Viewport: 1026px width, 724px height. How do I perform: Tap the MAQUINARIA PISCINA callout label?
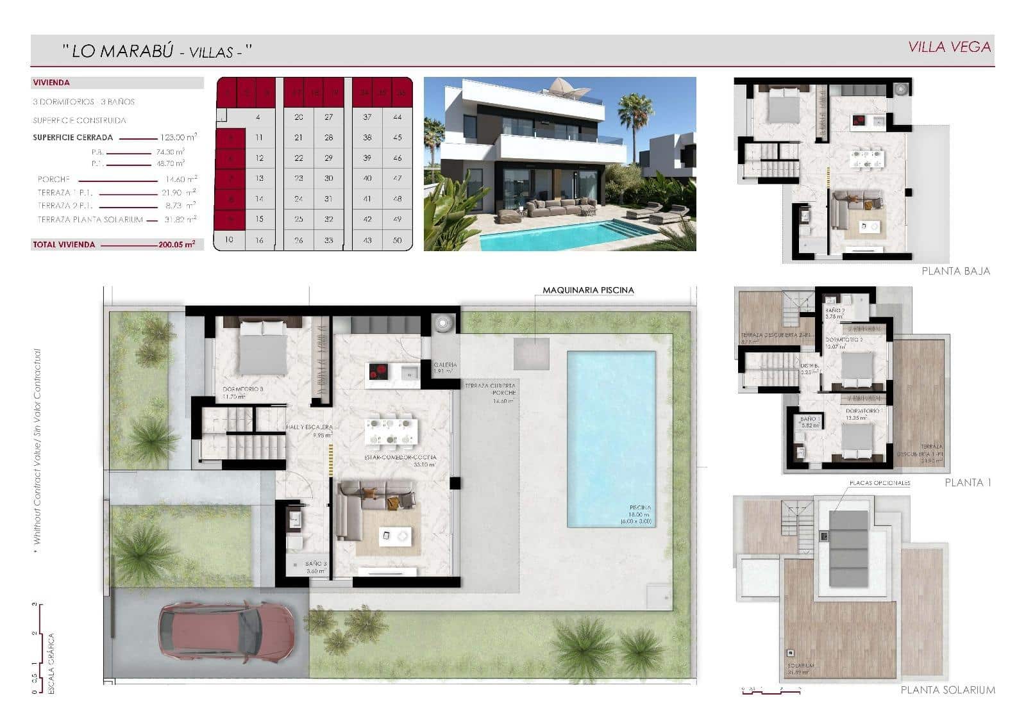tap(588, 290)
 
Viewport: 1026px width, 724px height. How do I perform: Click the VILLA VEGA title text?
tap(950, 47)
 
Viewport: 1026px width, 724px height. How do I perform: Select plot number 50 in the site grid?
tap(398, 240)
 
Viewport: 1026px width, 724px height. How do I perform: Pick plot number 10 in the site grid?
tap(230, 240)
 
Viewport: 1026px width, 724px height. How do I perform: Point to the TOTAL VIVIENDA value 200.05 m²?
tap(177, 244)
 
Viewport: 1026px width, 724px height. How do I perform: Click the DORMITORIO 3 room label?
tap(243, 389)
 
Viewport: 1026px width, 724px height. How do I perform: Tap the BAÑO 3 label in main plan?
tap(316, 564)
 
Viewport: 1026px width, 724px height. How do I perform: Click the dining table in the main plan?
tap(389, 431)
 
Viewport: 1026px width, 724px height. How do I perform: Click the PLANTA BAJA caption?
tap(955, 271)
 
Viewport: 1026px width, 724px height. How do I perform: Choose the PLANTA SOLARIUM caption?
tap(948, 690)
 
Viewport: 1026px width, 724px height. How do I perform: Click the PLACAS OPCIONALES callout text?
tap(879, 483)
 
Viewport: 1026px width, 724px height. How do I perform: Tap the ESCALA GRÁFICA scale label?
tap(52, 664)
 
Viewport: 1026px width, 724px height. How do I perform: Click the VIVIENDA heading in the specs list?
tap(51, 83)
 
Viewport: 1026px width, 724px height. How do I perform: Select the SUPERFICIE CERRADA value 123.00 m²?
tap(178, 137)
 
